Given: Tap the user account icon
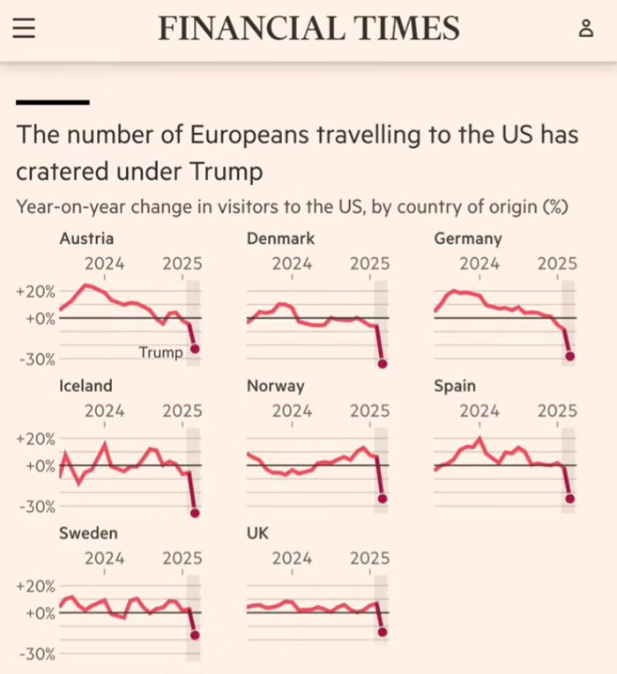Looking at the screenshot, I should tap(586, 28).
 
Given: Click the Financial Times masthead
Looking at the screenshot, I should tap(308, 28).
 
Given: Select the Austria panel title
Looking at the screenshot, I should tap(86, 239).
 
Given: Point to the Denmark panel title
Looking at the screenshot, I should tap(280, 239).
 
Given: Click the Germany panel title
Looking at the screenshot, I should tap(468, 239).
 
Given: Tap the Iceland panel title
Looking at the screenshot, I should tap(85, 386).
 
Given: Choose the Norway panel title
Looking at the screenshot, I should tap(275, 386).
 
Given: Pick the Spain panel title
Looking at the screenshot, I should tap(455, 386).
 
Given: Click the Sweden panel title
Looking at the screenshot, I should tap(88, 533).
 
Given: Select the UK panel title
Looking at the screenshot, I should tap(258, 533).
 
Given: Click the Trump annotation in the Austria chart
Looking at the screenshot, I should tap(160, 352).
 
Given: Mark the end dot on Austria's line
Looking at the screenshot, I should tap(195, 349).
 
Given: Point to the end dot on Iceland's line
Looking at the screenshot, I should tap(195, 513).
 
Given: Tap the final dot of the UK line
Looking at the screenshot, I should tap(383, 632).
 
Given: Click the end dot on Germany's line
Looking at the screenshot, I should tap(570, 356).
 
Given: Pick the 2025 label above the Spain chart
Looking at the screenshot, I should tap(557, 411).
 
